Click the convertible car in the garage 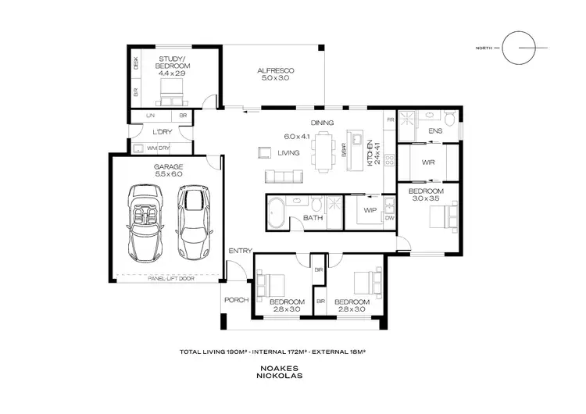point(145,222)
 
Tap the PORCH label point(235,299)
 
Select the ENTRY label point(239,250)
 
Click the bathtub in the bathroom point(277,213)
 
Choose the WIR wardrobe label point(427,163)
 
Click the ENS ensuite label point(435,130)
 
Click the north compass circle point(519,48)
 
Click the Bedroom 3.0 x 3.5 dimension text point(427,198)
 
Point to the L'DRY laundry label point(162,131)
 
